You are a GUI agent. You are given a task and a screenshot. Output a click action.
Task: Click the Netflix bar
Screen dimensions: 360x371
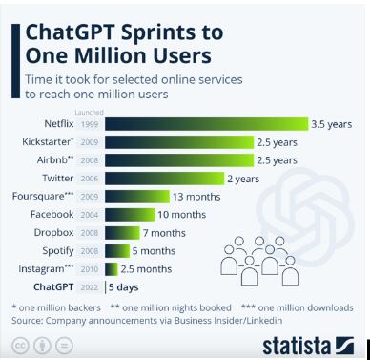[x=206, y=123]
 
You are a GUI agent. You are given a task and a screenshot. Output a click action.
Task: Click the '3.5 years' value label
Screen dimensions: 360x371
[x=332, y=123]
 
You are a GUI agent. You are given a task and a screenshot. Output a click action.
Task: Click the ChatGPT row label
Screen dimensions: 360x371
[x=53, y=286]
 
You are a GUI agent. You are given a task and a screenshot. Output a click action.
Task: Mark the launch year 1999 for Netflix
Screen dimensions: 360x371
[x=90, y=123]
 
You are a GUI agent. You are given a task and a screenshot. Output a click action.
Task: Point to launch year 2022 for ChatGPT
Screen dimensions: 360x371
[x=90, y=286]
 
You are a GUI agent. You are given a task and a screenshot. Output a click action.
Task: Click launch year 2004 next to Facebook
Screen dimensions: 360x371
[x=90, y=214]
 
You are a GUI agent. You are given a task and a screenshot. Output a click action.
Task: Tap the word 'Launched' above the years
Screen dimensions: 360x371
[x=90, y=111]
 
